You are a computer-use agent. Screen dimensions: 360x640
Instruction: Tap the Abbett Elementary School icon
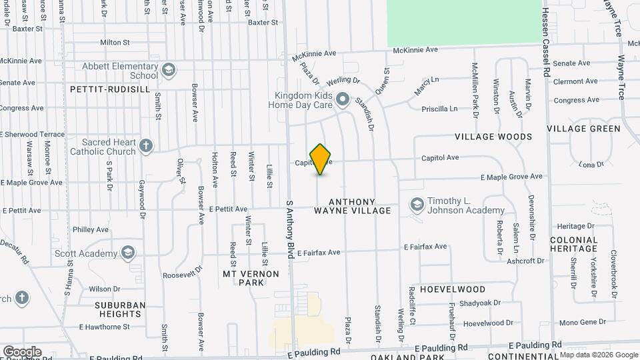169,70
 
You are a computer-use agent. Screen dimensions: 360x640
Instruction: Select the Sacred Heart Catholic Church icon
147,145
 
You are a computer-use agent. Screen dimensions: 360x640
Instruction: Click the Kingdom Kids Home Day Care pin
343,100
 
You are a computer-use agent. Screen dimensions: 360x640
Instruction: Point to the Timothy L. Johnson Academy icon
417,205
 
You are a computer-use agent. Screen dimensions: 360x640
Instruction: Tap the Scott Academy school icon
127,253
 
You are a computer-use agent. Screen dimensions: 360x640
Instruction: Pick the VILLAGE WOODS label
493,137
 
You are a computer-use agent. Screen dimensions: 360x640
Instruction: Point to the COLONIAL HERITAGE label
573,244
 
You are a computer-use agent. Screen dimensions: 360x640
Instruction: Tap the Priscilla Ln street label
440,109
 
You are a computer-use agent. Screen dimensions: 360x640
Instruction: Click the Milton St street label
114,42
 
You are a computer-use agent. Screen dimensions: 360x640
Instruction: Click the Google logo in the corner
22,351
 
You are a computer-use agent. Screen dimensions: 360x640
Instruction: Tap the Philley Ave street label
90,229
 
